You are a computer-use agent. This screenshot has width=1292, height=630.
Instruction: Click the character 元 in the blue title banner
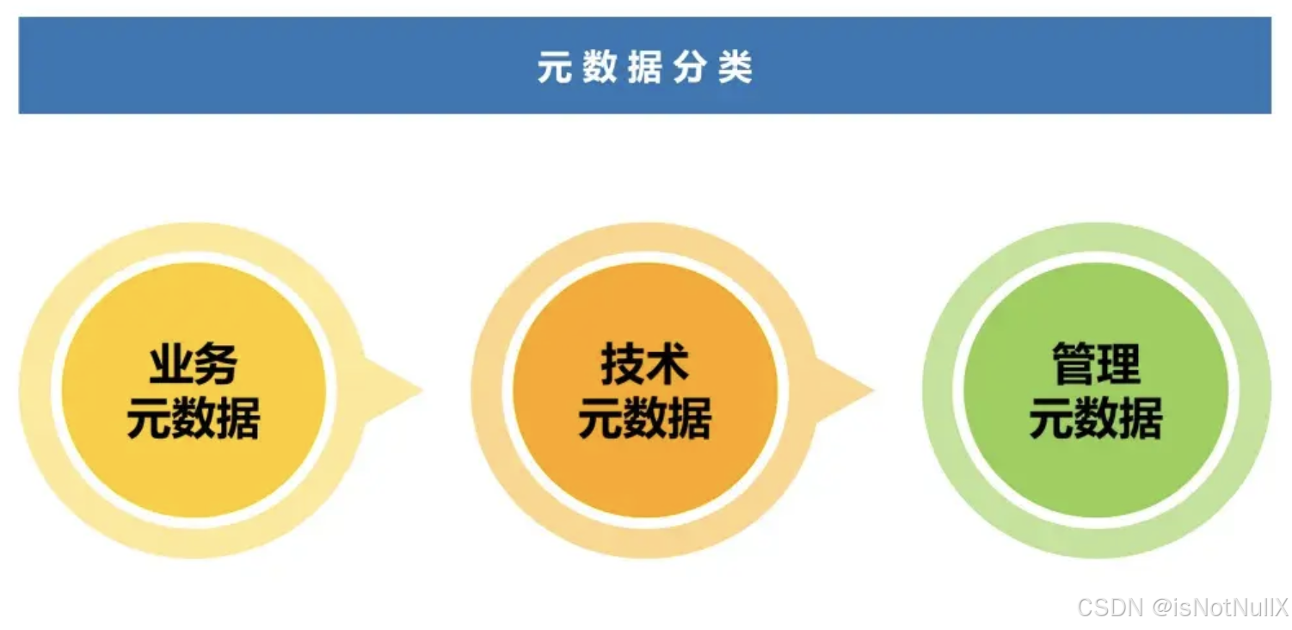pos(554,67)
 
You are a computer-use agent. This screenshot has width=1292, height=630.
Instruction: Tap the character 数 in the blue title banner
pos(600,67)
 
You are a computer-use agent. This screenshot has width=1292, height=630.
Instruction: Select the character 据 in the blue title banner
pos(644,67)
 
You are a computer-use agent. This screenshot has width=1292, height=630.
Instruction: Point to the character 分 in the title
pos(690,67)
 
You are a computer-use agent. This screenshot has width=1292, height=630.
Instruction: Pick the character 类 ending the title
pos(735,67)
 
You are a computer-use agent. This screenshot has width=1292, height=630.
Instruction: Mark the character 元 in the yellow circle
pos(149,419)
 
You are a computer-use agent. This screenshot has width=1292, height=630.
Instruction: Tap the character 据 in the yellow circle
pos(238,419)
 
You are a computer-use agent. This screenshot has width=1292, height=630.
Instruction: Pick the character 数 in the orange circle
pos(645,419)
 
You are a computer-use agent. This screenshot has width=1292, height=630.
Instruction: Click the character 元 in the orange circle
pos(600,419)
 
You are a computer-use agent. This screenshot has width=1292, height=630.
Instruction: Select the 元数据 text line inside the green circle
pos(1096,419)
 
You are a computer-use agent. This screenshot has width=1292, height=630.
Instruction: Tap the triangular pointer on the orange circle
pos(845,390)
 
